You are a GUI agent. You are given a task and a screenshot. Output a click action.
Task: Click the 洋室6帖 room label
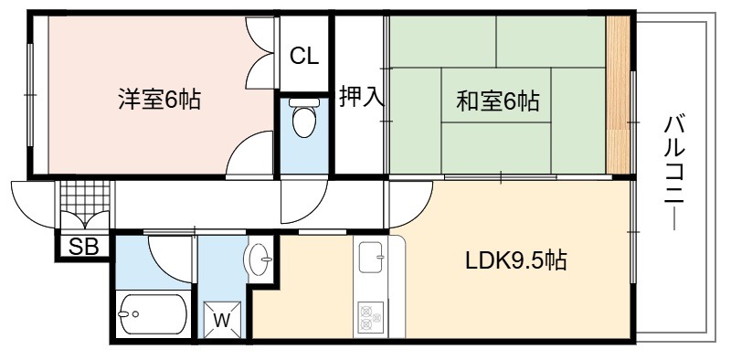pyautogui.click(x=159, y=100)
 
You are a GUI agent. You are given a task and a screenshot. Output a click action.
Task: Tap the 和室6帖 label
pyautogui.click(x=497, y=101)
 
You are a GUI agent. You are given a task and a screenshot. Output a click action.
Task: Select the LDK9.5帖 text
pyautogui.click(x=516, y=260)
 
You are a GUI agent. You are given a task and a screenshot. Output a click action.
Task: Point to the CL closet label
pyautogui.click(x=304, y=57)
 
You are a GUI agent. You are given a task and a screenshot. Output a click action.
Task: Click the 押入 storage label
pyautogui.click(x=361, y=97)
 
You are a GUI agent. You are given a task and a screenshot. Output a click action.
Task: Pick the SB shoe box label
pyautogui.click(x=83, y=247)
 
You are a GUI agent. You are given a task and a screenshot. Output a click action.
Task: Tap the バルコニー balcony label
pyautogui.click(x=674, y=173)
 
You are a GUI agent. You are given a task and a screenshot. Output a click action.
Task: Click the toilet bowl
pyautogui.click(x=304, y=119)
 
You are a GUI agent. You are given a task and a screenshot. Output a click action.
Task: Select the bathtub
pyautogui.click(x=153, y=313)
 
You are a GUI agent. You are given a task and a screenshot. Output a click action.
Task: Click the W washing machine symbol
pyautogui.click(x=222, y=320)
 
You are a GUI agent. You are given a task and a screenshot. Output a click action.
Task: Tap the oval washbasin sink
pyautogui.click(x=259, y=259)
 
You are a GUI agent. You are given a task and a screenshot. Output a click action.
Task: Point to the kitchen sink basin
pyautogui.click(x=372, y=258)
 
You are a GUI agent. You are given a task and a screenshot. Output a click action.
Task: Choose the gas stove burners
pyautogui.click(x=371, y=318)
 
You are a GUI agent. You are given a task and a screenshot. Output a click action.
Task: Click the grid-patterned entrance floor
pyautogui.click(x=85, y=199)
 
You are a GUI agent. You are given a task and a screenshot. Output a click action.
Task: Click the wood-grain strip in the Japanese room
pyautogui.click(x=619, y=95)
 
